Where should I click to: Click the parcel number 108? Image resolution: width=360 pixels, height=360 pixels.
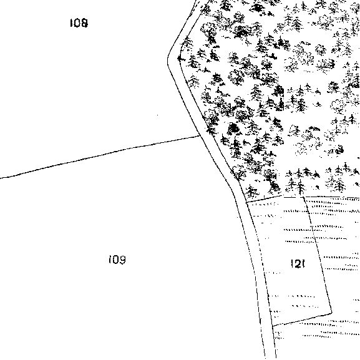79,23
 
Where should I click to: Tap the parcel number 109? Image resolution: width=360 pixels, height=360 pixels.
117,260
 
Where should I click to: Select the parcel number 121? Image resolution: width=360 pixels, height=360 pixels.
298,264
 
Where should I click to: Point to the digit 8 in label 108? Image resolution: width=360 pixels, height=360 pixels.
84,23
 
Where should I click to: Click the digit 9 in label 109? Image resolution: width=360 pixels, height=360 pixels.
122,260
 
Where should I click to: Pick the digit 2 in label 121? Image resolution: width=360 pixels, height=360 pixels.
298,264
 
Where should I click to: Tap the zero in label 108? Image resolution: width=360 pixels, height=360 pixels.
76,23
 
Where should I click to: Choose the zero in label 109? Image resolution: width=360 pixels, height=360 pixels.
115,260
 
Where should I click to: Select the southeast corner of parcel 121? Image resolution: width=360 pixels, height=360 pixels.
332,313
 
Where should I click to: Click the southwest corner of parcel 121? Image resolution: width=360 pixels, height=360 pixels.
272,326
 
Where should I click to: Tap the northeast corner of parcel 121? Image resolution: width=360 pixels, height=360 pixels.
303,197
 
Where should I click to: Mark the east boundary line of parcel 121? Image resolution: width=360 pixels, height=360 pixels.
318,255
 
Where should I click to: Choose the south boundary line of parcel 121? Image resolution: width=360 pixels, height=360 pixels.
302,319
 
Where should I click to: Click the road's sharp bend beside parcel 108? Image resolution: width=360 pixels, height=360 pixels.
168,59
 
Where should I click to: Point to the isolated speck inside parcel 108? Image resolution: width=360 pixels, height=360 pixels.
157,115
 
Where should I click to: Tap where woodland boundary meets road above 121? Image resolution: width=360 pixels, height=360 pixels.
246,202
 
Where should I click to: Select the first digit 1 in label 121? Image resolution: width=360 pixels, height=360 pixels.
292,264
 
